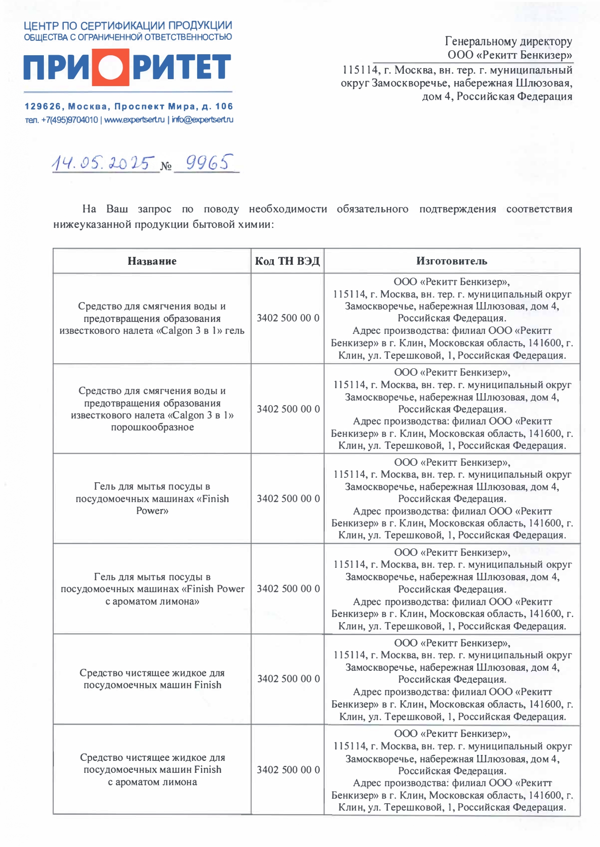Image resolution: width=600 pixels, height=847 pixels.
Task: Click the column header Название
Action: click(x=152, y=261)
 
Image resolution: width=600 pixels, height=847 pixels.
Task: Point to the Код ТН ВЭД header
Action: click(x=287, y=261)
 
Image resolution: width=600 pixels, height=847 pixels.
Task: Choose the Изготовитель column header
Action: click(x=452, y=261)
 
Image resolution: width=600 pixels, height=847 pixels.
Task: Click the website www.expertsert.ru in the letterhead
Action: click(x=134, y=120)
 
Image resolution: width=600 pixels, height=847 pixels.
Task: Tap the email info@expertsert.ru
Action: click(x=202, y=120)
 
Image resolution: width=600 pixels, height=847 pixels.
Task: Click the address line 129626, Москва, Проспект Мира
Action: click(x=128, y=106)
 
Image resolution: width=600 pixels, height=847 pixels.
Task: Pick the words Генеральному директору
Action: click(x=508, y=41)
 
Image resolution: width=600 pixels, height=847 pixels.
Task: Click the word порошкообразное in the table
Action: click(x=152, y=427)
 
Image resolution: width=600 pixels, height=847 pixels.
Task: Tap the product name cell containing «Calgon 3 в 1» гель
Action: click(x=152, y=318)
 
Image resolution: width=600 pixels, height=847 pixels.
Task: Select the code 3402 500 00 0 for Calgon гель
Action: click(x=288, y=318)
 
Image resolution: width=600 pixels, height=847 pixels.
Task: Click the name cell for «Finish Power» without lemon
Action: click(x=152, y=499)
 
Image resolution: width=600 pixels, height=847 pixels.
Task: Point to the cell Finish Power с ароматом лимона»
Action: click(x=152, y=589)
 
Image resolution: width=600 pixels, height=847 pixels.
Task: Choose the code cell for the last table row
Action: click(x=288, y=770)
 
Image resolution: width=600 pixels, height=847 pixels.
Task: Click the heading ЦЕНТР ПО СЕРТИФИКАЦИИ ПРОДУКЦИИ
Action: click(x=128, y=26)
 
